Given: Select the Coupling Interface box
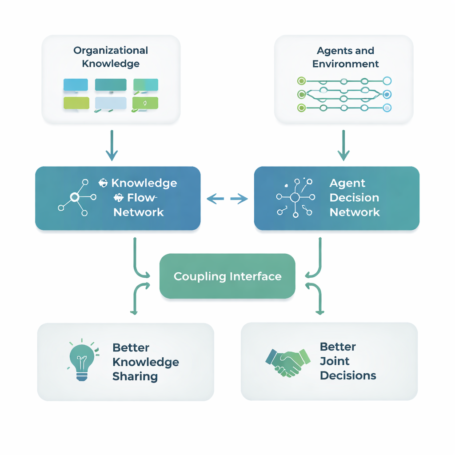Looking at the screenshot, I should pos(227,276).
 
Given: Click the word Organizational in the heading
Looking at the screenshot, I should pos(111,50).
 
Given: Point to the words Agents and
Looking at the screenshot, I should pos(345,51).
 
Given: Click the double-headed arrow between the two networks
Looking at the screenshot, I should pos(227,199).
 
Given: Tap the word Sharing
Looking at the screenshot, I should pos(135,376).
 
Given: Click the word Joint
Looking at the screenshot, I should pos(335,361).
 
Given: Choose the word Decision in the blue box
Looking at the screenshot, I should pos(354,198).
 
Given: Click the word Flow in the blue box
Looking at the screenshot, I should pos(141,198).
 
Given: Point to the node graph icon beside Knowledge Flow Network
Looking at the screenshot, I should pos(77,198).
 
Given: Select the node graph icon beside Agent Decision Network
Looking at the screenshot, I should pos(295,198).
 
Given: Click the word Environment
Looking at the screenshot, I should pos(345,64).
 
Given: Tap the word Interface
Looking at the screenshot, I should pos(255,276).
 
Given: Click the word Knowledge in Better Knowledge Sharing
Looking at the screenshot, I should pos(146,362).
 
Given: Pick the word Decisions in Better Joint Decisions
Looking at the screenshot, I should pos(348,375).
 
